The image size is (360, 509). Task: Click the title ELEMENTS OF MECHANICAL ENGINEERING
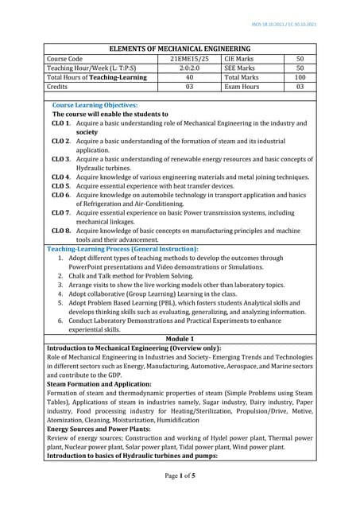point(180,47)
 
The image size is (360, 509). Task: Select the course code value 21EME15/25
point(184,58)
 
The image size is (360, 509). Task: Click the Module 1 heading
point(180,340)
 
